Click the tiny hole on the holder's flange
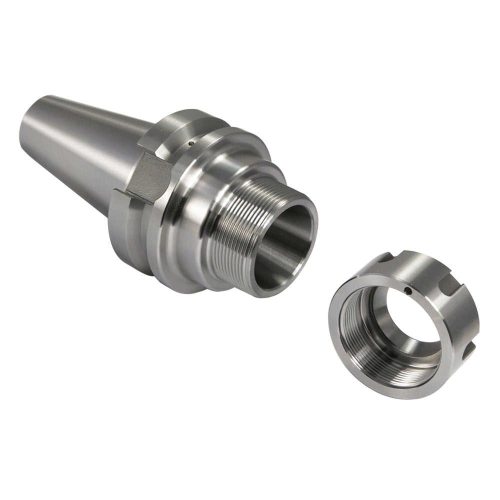click(x=189, y=143)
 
